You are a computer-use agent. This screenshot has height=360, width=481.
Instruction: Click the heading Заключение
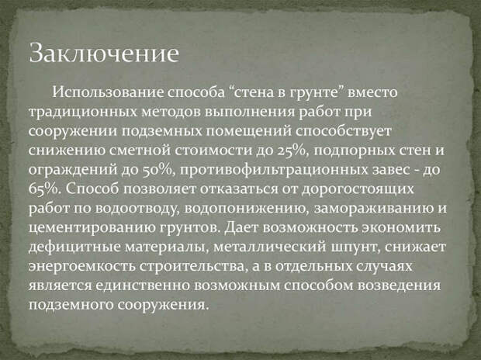point(104,52)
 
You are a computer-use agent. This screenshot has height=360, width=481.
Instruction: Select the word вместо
point(372,92)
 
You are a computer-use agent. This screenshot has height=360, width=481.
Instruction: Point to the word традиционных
point(83,112)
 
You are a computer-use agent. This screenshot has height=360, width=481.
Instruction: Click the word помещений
point(247,131)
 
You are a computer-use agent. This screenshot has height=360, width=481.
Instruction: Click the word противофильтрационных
point(274,171)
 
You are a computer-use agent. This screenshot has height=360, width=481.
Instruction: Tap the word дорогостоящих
point(358,189)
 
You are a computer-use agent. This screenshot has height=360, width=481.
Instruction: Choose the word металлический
point(269,247)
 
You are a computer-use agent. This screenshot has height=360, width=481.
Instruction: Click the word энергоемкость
point(82,267)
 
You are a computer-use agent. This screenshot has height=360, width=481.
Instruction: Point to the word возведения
point(400,286)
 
